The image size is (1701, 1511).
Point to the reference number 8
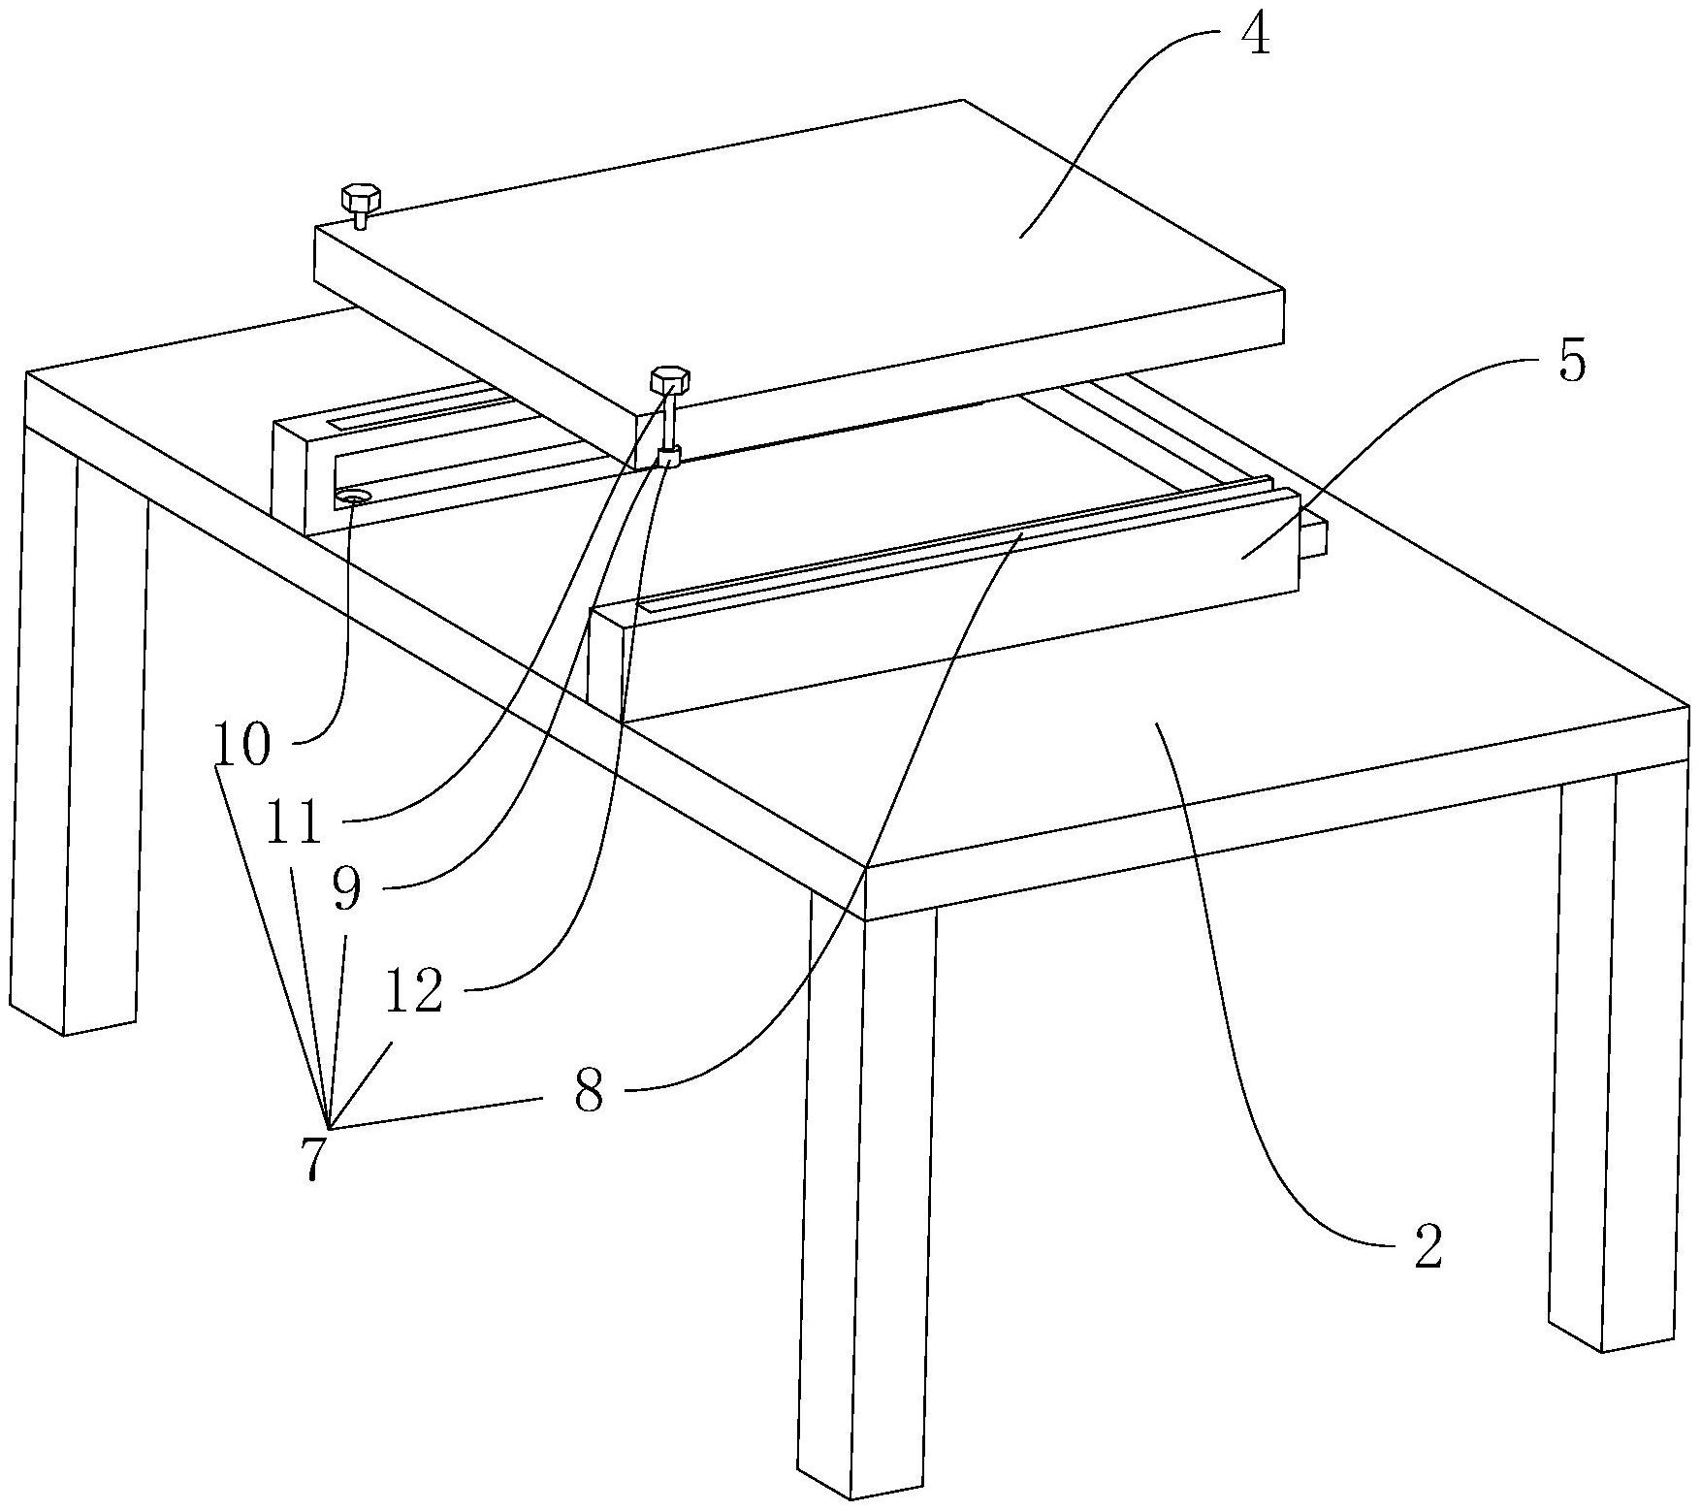589,1093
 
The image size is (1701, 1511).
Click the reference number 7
312,1157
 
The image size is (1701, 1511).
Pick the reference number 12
414,991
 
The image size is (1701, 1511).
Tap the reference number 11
296,822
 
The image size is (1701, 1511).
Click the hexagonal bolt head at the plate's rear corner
361,198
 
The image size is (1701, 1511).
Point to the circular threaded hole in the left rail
354,498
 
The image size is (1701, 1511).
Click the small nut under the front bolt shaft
669,456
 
